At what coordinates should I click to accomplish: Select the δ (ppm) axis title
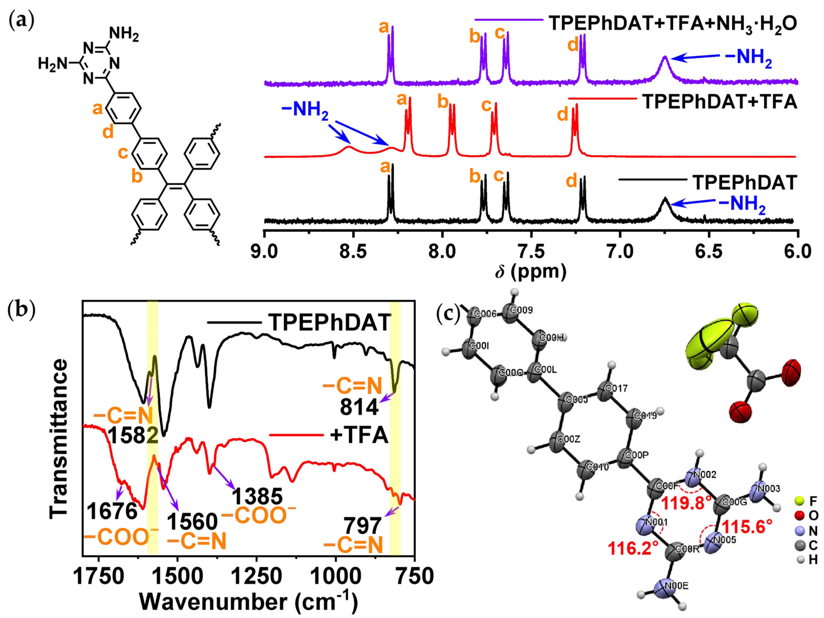(x=531, y=272)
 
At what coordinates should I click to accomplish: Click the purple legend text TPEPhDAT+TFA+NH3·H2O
(x=673, y=24)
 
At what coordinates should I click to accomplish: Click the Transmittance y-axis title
(x=59, y=439)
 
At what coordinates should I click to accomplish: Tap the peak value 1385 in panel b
(x=257, y=496)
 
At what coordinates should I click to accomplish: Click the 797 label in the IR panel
(x=362, y=526)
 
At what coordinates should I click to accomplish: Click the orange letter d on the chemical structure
(x=108, y=132)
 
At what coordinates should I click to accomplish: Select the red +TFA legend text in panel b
(x=359, y=435)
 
